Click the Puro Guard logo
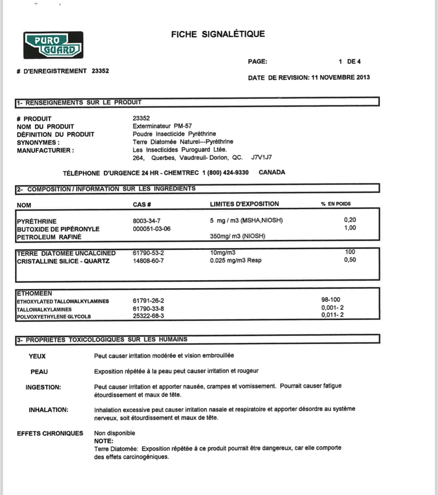[53, 45]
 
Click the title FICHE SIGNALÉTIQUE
[218, 34]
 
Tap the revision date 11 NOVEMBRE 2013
[340, 77]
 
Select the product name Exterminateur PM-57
[162, 126]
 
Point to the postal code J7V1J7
[261, 157]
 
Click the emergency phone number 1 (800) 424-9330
[225, 173]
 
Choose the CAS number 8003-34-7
[147, 221]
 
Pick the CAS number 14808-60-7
[148, 261]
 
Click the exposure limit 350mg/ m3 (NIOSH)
[237, 236]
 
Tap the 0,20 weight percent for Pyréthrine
[350, 220]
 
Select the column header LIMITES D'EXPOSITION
[244, 204]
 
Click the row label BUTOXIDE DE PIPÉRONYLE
[58, 229]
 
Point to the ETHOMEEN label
[34, 293]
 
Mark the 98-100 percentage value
[331, 300]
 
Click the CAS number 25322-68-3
[148, 316]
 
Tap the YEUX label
[37, 356]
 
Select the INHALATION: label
[48, 410]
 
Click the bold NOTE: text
[104, 441]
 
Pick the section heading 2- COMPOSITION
[106, 189]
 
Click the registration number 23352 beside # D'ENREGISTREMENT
[100, 71]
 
